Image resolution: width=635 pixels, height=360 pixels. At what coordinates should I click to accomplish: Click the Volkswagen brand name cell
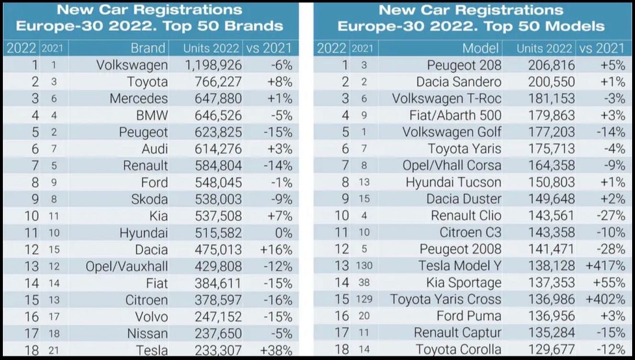click(132, 65)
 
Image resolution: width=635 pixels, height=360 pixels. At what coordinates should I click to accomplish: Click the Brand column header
click(148, 48)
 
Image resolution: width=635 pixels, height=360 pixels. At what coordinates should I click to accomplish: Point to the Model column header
click(481, 48)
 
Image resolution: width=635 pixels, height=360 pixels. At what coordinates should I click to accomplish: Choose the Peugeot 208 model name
click(464, 65)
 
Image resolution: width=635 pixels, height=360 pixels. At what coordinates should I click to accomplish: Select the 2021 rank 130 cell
click(364, 266)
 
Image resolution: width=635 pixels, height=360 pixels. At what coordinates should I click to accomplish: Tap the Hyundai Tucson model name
click(453, 182)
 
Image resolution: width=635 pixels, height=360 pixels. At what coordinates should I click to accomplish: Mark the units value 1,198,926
click(213, 65)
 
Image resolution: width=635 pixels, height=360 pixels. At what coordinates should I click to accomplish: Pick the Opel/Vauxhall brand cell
click(127, 266)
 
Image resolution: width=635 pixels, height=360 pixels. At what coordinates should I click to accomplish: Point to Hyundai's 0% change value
click(283, 233)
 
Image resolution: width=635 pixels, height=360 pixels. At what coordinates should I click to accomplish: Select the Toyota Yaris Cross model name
click(445, 300)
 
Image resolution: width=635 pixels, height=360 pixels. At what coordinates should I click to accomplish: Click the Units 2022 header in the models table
click(544, 48)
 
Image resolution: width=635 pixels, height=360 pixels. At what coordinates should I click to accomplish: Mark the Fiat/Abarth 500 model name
click(455, 115)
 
